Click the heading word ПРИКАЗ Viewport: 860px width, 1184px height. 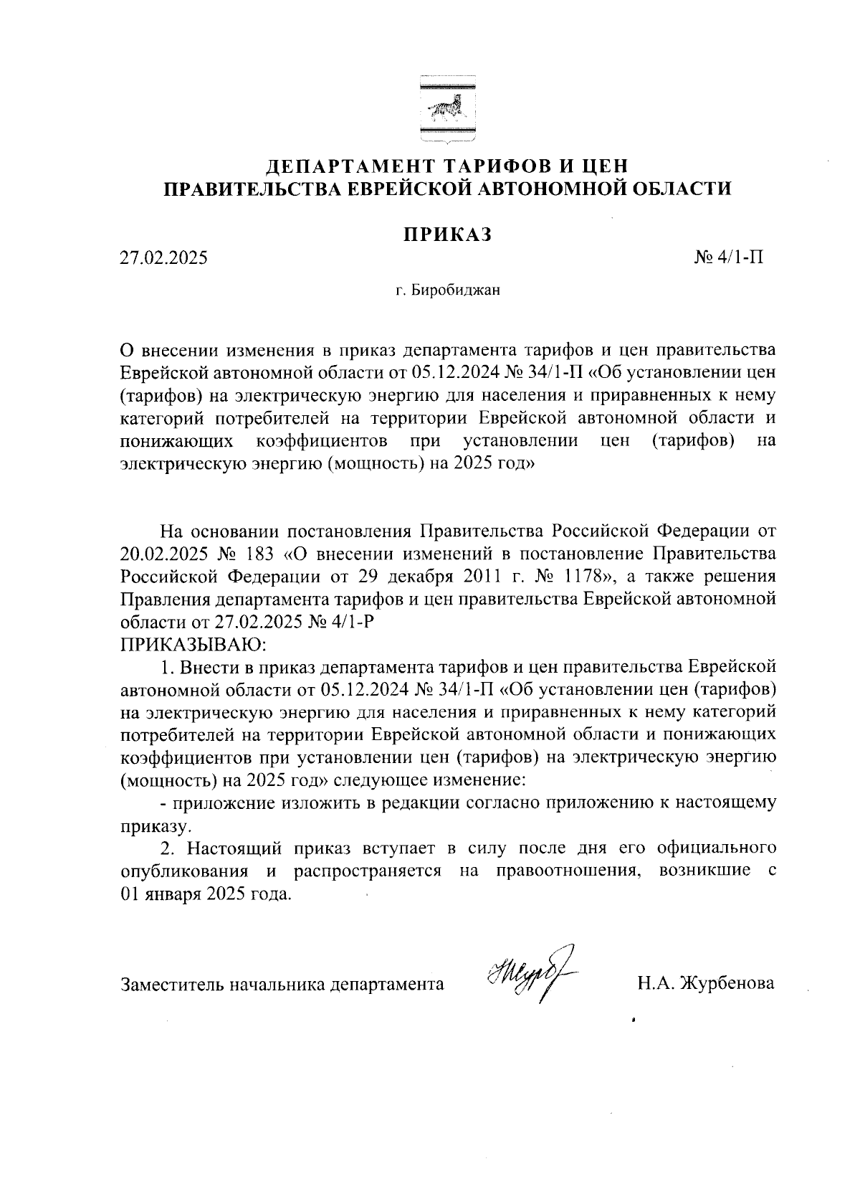[448, 235]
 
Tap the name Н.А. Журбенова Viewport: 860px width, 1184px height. [706, 983]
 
